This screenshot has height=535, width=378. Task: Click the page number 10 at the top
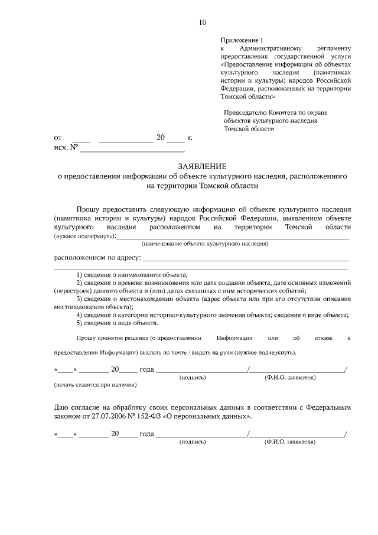point(203,22)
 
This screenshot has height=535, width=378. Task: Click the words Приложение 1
point(240,39)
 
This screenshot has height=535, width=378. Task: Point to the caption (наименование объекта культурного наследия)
point(205,243)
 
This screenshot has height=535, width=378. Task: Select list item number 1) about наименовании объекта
point(132,275)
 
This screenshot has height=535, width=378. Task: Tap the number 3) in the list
point(80,299)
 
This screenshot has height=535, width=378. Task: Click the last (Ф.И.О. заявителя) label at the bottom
point(291,442)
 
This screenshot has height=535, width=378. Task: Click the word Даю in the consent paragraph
point(62,408)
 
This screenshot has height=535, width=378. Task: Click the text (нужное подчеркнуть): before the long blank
point(85,236)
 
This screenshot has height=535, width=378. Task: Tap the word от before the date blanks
point(58,138)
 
